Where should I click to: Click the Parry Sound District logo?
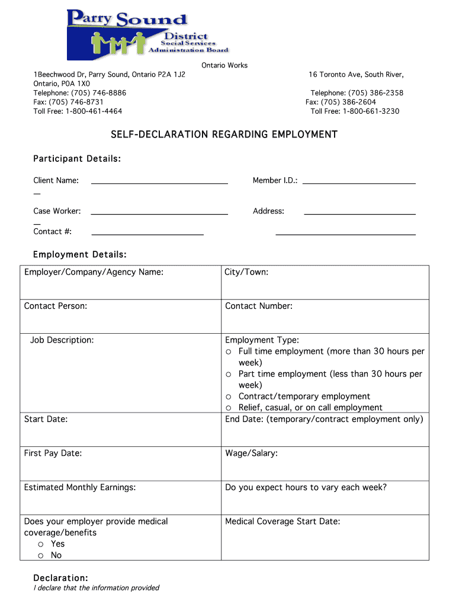pos(147,34)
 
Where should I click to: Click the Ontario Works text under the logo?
pos(224,65)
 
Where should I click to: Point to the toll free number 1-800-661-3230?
pos(355,111)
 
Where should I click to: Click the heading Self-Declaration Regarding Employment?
pos(224,135)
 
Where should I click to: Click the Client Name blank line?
pos(159,183)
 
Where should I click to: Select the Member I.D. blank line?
pos(359,183)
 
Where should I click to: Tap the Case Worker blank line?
pos(159,213)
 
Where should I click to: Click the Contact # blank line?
pos(147,234)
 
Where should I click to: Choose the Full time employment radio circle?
pos(228,352)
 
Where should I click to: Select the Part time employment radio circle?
pos(228,374)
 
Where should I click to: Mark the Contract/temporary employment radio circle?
pos(228,397)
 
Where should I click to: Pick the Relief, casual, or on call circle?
pos(228,408)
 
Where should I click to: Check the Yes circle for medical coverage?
pos(41,544)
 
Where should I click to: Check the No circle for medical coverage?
pos(41,555)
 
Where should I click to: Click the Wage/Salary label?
pos(251,453)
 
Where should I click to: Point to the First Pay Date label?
pos(53,453)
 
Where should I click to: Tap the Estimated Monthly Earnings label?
pos(80,487)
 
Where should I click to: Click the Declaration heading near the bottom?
pos(60,578)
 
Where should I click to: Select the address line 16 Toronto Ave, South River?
pos(356,75)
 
